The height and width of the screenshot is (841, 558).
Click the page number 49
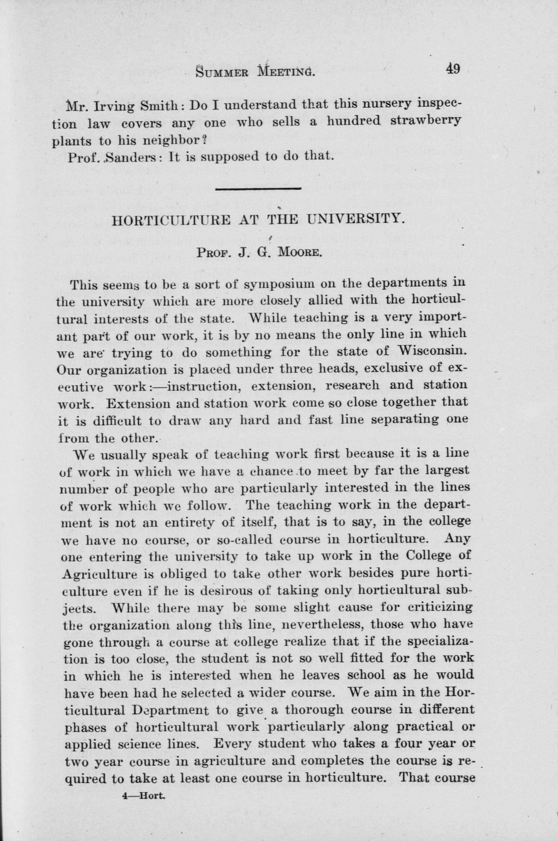pyautogui.click(x=451, y=68)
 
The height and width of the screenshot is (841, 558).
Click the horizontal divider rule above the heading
pyautogui.click(x=258, y=189)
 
